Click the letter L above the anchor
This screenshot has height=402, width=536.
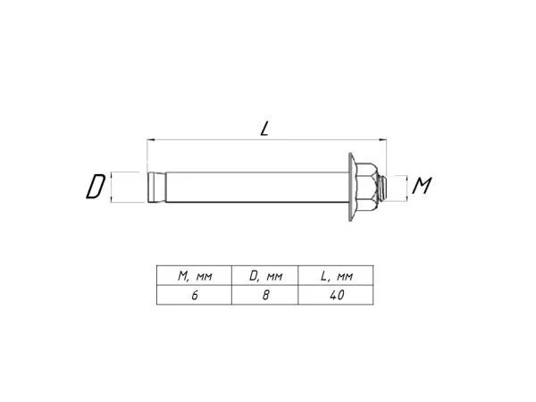(264, 128)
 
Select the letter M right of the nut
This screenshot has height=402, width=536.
(423, 187)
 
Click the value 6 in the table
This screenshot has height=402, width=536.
(193, 295)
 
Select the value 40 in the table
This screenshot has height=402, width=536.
(338, 295)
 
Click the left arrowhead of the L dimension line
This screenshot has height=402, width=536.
(150, 140)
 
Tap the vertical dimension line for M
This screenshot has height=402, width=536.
(407, 188)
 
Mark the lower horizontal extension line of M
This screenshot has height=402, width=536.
(398, 197)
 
